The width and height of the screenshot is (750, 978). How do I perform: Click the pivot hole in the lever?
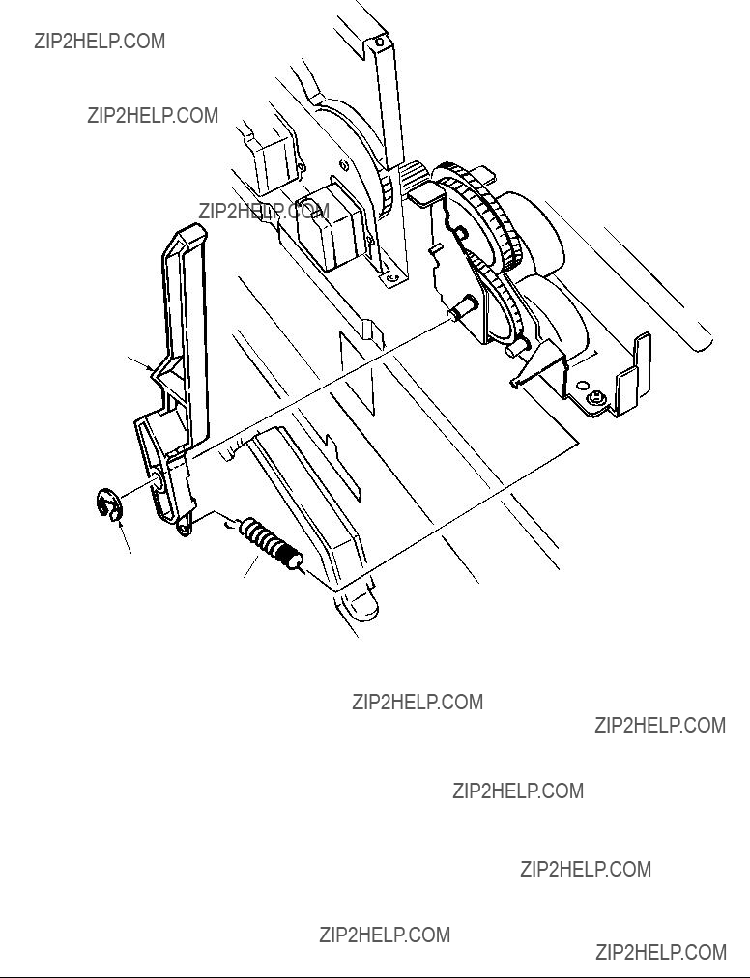[x=156, y=481]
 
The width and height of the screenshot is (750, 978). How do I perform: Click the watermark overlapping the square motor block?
[x=264, y=212]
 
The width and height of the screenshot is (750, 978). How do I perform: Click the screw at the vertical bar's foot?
[x=391, y=277]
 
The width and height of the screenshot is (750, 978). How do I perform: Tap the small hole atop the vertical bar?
[x=380, y=43]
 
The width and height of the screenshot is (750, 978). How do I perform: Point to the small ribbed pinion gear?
[x=413, y=177]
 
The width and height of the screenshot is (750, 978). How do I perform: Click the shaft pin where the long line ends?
[x=461, y=307]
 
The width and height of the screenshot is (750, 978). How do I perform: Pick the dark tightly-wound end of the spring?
[x=289, y=557]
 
